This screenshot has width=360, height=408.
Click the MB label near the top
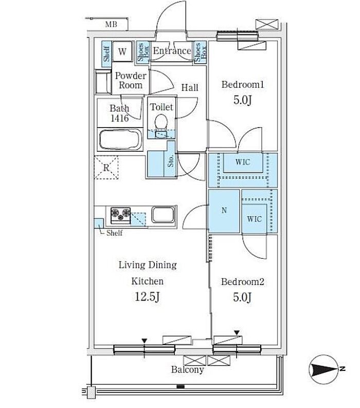pos(111,25)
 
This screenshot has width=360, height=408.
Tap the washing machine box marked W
pos(122,51)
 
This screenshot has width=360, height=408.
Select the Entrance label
pos(172,51)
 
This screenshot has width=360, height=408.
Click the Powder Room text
pos(130,80)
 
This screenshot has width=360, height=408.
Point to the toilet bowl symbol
pos(161,122)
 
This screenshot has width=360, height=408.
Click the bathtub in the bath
pos(120,140)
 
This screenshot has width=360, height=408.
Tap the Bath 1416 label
pos(119,113)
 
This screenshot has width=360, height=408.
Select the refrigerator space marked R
pos(106,167)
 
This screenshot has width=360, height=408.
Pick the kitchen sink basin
pos(163,215)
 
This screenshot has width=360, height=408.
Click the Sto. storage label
pos(170,161)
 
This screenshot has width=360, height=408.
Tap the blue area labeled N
pos(224,211)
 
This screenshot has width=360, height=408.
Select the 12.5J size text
pos(147,297)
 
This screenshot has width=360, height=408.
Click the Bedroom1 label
pos(243,84)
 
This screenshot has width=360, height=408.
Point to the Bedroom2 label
pos(243,282)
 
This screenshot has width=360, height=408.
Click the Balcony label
pos(187,370)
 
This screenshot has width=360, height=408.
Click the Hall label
pos(190,87)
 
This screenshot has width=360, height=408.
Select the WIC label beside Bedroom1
pos(243,162)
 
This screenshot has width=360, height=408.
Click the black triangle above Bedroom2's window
pos(237,333)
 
